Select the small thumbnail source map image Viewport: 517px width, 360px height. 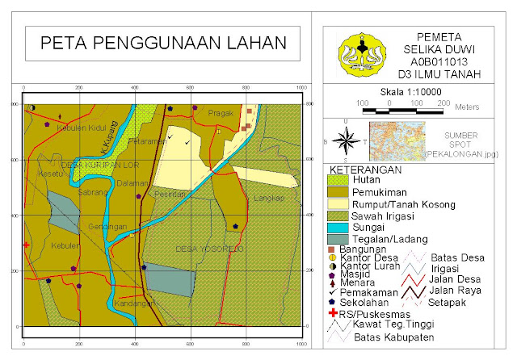(x=397, y=139)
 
